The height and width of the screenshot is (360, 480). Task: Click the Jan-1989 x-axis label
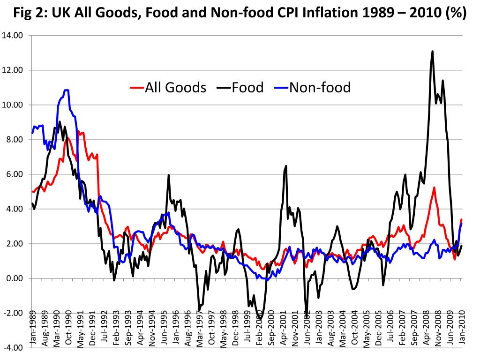click(33, 328)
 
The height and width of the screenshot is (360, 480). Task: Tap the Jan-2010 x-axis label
click(462, 328)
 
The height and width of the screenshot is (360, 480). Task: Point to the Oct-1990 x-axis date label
click(69, 328)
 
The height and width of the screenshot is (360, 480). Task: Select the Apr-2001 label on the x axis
click(283, 328)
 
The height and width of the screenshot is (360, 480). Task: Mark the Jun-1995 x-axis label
click(164, 328)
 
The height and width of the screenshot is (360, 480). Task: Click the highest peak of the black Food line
click(432, 52)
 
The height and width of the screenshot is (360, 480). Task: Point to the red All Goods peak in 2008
click(434, 187)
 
